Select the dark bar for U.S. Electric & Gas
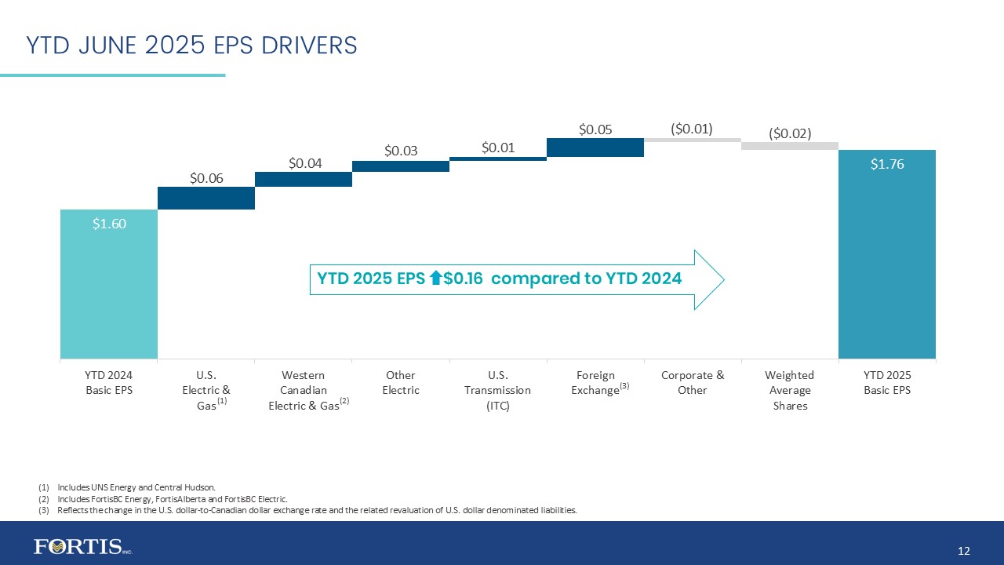(206, 198)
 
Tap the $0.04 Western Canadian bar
(304, 179)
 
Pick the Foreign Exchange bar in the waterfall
(595, 148)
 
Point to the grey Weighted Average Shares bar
(789, 145)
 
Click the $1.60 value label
(109, 224)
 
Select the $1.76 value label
(887, 164)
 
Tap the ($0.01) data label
(692, 128)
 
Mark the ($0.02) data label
(789, 133)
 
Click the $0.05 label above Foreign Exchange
(595, 129)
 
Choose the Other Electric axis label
(401, 383)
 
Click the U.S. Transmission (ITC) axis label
(498, 390)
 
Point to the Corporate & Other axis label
(693, 383)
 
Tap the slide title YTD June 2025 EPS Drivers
(191, 46)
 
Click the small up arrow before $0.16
(437, 278)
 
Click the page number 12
(964, 551)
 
